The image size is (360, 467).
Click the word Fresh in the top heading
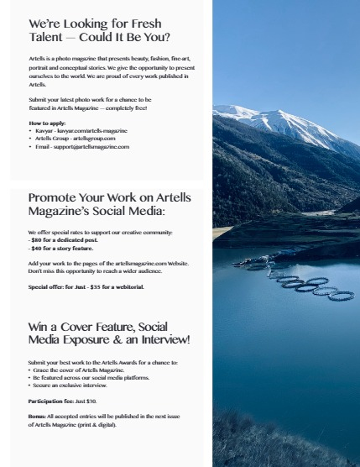pos(141,24)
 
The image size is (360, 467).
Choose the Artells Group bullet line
pos(75,139)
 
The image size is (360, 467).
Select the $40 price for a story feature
pos(38,249)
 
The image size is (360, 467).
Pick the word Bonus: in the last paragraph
pos(38,416)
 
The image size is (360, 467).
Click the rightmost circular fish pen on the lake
pos(342,296)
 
